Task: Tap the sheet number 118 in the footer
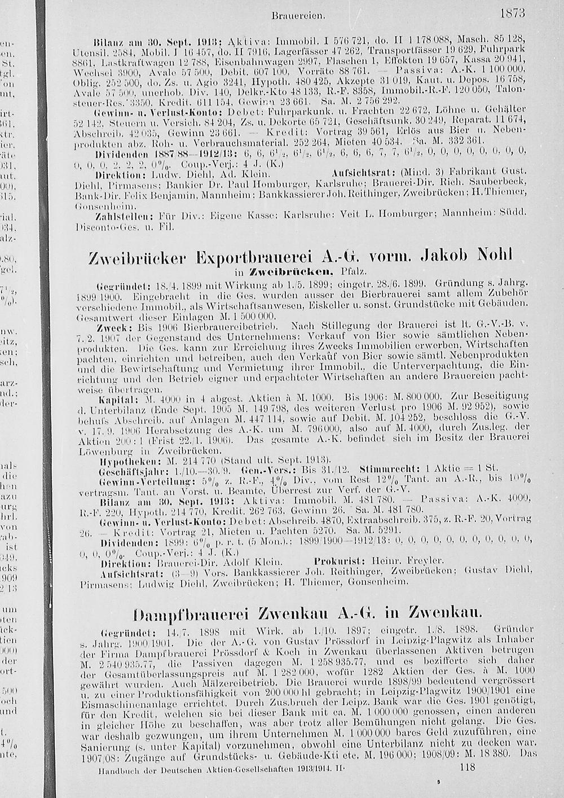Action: coord(468,767)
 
